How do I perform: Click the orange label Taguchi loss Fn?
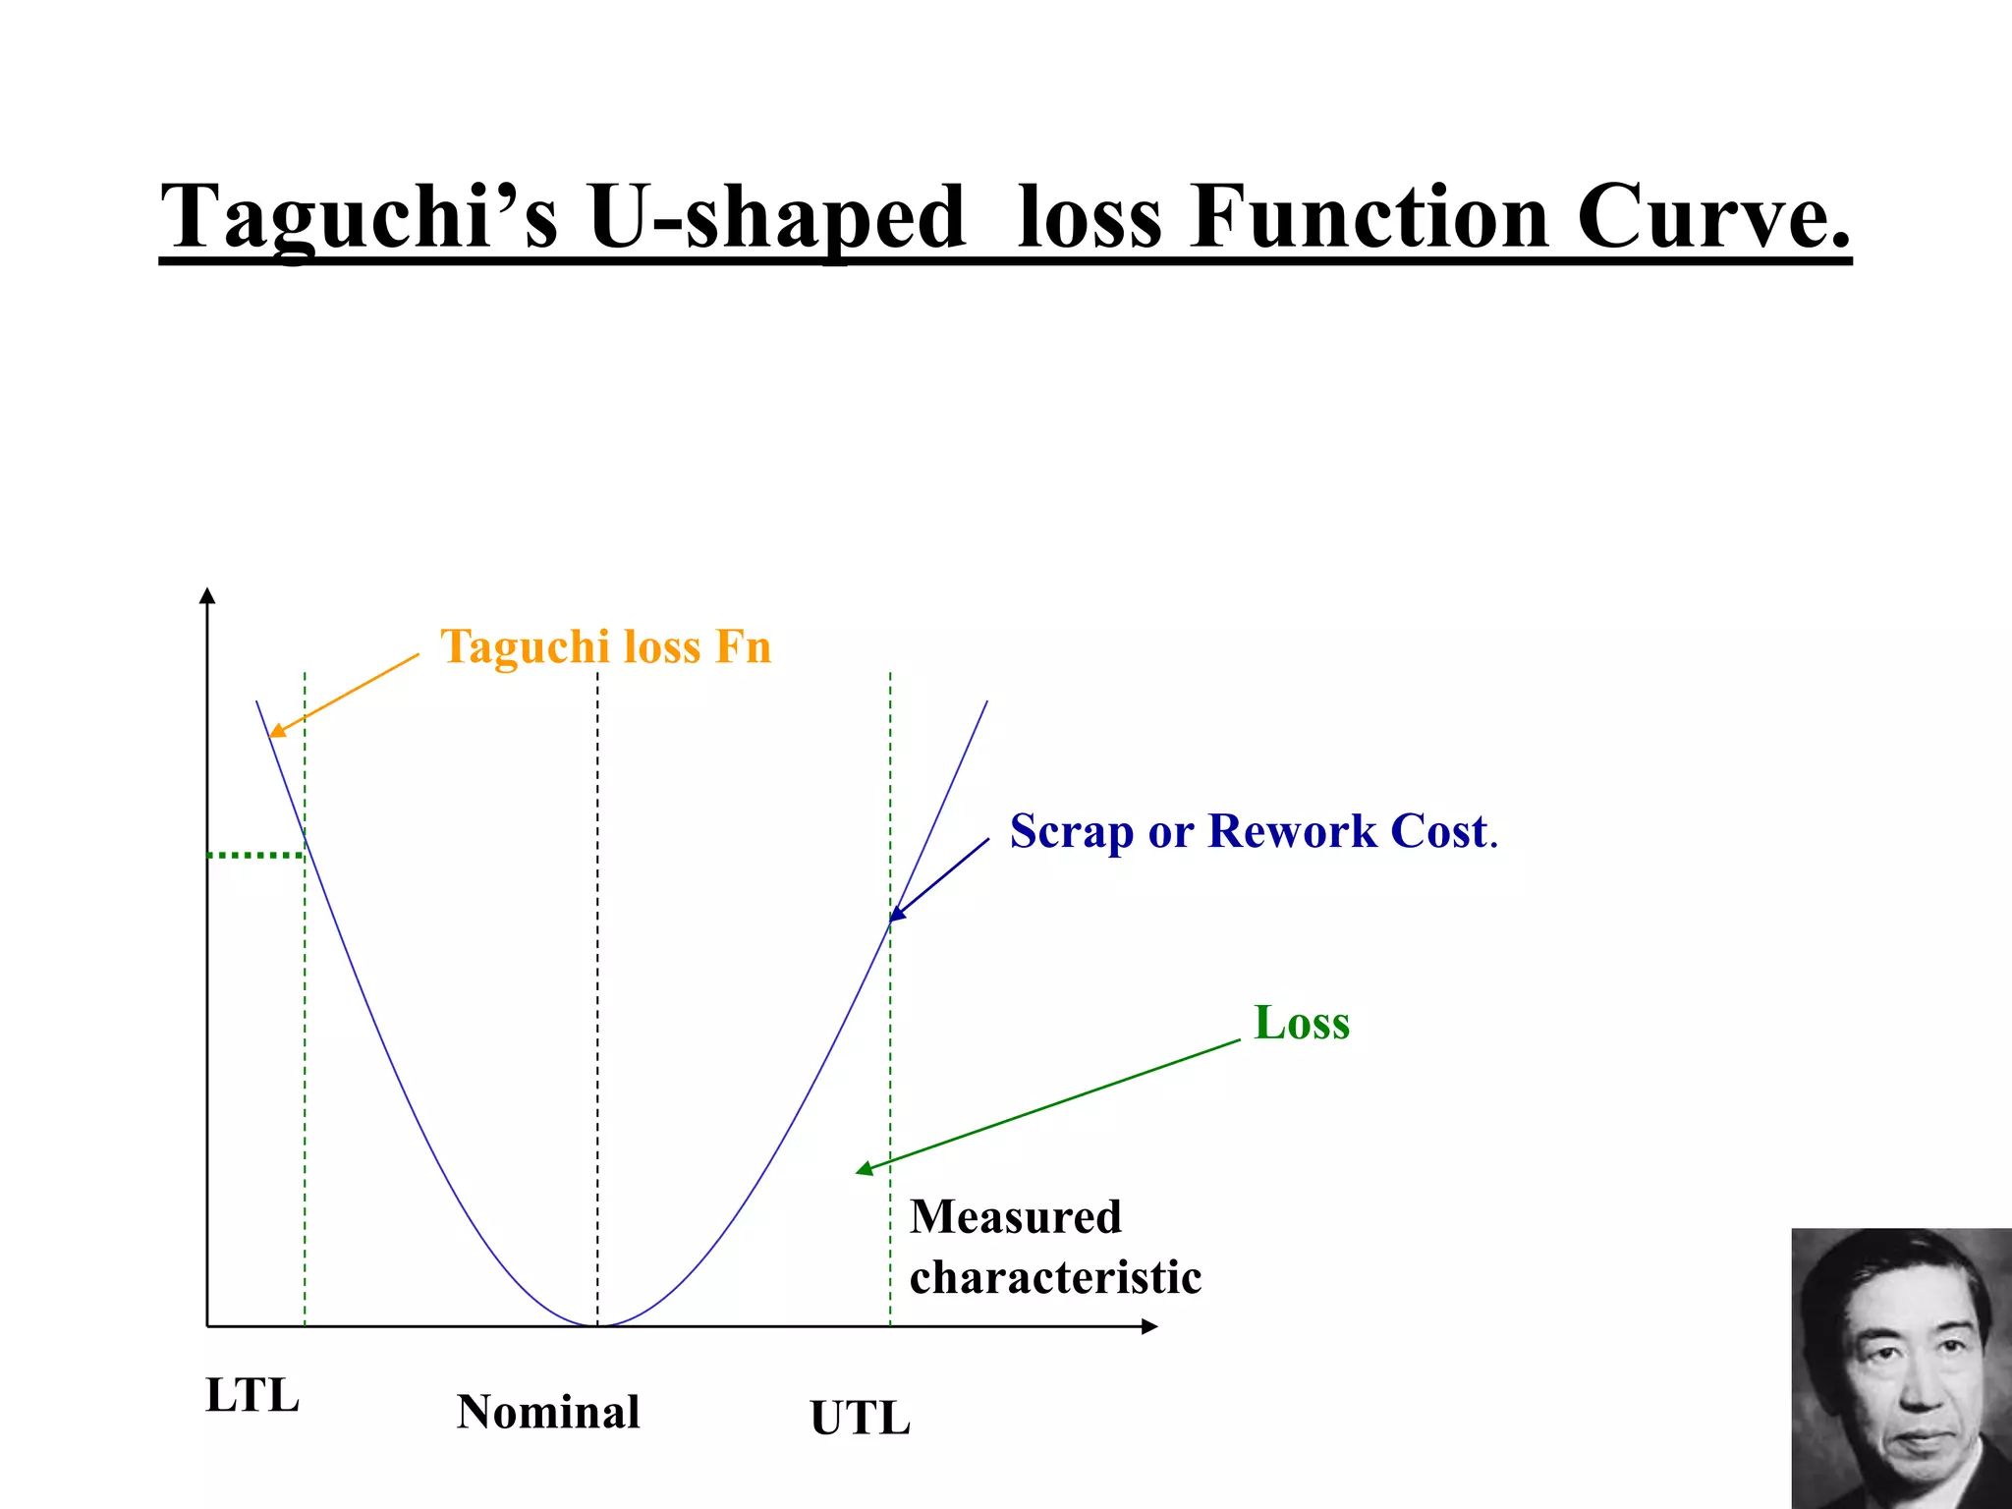pyautogui.click(x=605, y=647)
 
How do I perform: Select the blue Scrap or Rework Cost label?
pyautogui.click(x=1253, y=832)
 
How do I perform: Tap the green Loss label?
pyautogui.click(x=1302, y=1023)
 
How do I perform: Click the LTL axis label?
pyautogui.click(x=252, y=1395)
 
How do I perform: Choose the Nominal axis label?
pyautogui.click(x=548, y=1412)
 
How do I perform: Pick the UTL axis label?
pyautogui.click(x=861, y=1419)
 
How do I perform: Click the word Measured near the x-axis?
pyautogui.click(x=1015, y=1217)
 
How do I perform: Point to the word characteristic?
pyautogui.click(x=1055, y=1278)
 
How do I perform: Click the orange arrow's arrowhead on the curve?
pyautogui.click(x=276, y=731)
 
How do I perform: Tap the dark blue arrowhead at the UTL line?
pyautogui.click(x=896, y=915)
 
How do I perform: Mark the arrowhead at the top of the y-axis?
pyautogui.click(x=207, y=595)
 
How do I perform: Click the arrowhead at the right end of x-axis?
pyautogui.click(x=1150, y=1326)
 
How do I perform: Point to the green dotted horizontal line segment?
pyautogui.click(x=255, y=856)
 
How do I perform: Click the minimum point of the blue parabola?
pyautogui.click(x=597, y=1325)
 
